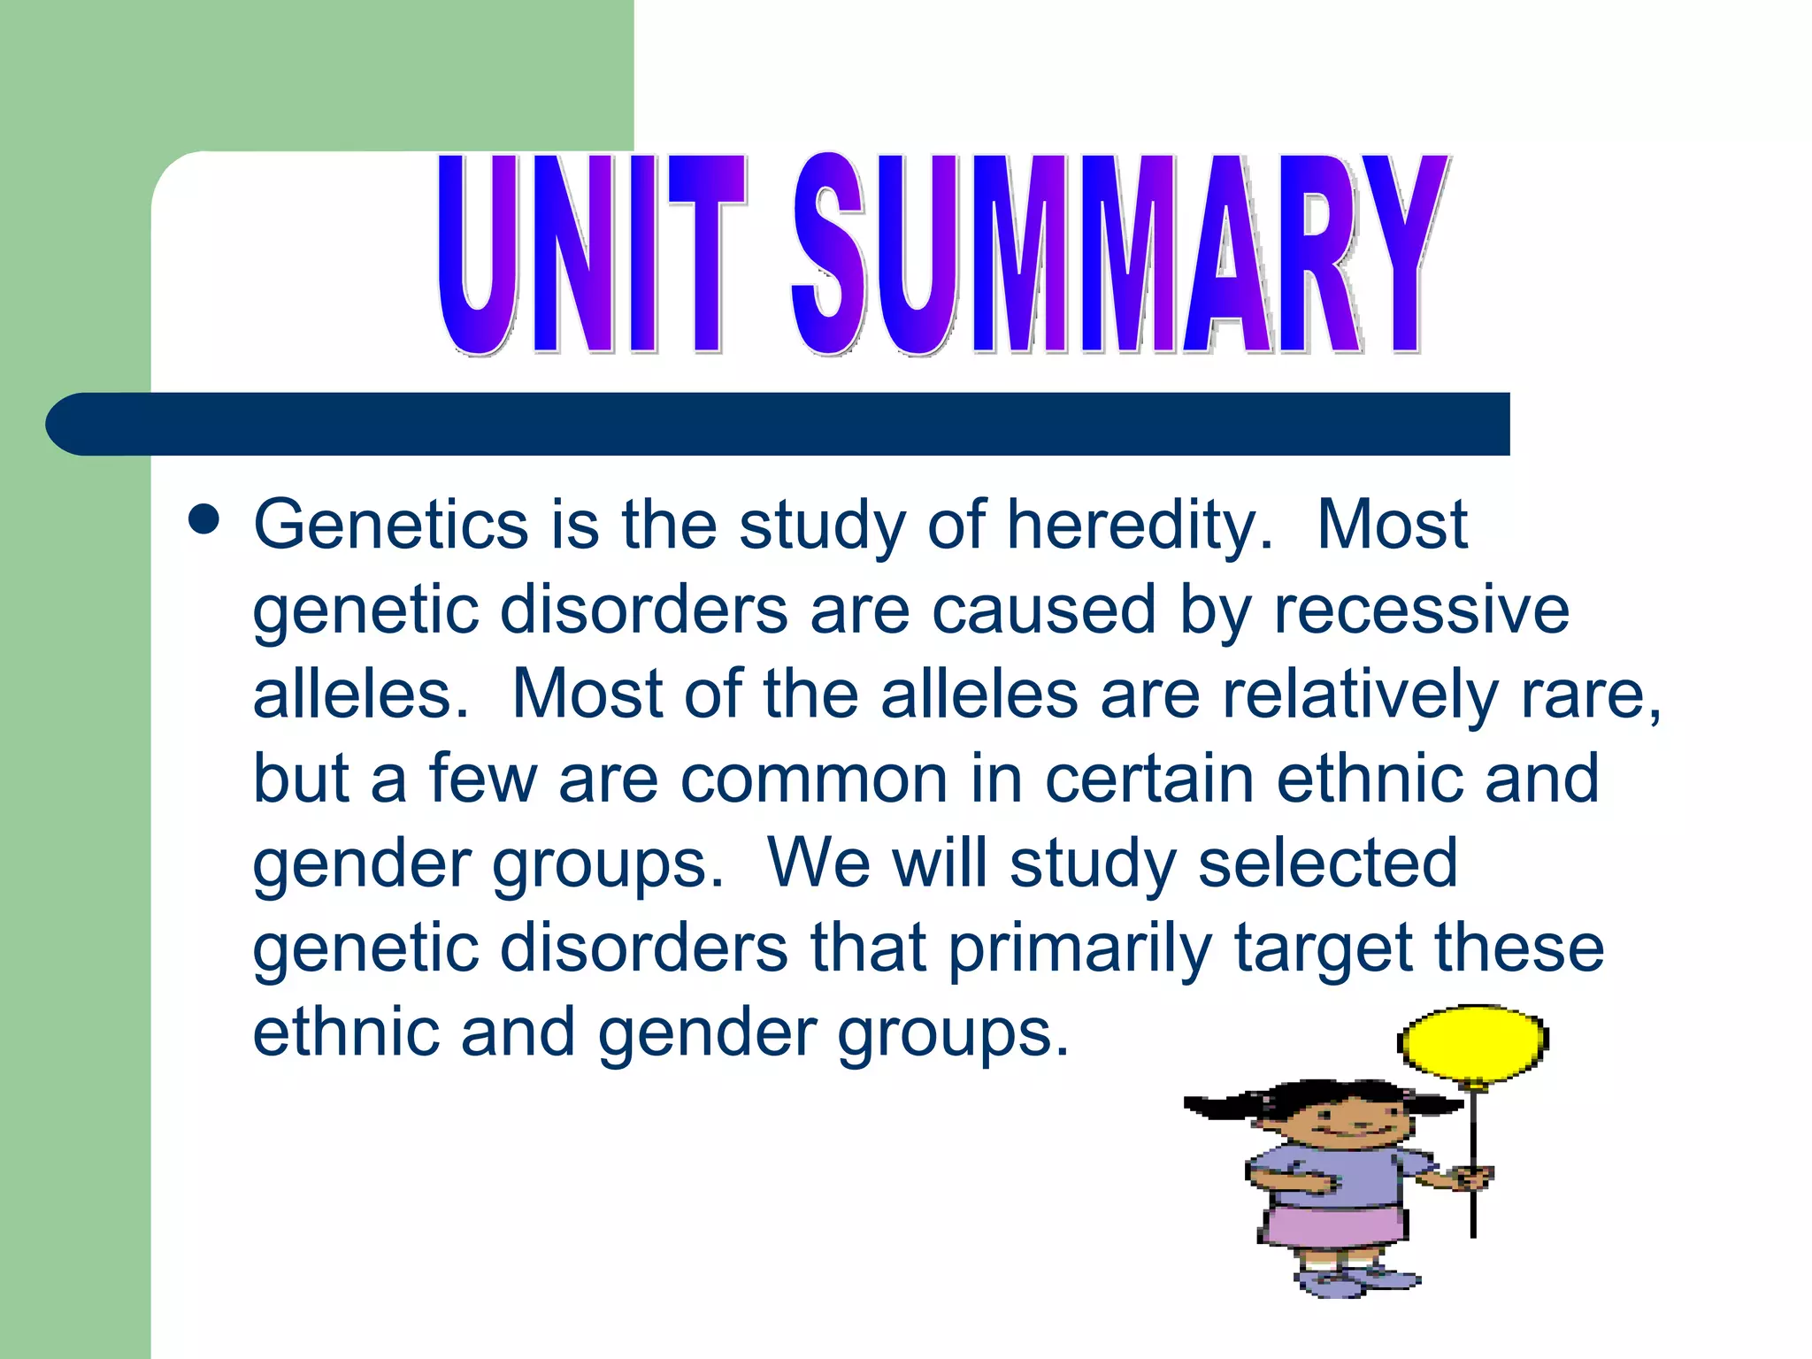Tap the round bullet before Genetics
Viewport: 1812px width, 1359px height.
(x=204, y=521)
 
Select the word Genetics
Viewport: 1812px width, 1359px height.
(x=391, y=525)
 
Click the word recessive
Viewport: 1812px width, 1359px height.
(x=1421, y=610)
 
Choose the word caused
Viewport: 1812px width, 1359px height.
(x=1044, y=610)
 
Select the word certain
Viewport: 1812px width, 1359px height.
(x=1150, y=778)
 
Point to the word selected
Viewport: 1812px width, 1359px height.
(x=1327, y=863)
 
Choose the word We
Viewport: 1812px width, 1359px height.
(x=818, y=863)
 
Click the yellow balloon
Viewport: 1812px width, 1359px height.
(x=1472, y=1043)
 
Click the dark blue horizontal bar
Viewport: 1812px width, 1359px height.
(x=779, y=424)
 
